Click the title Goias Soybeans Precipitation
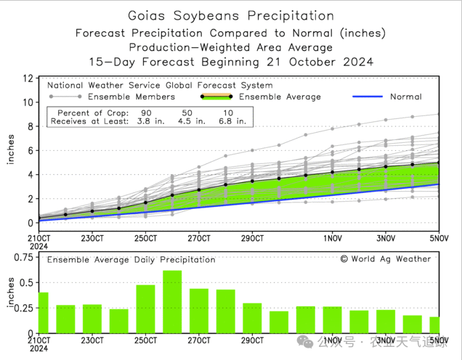231,15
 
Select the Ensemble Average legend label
280,97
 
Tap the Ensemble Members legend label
129,97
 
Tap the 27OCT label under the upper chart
198,237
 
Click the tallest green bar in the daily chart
172,301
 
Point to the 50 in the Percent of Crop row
187,113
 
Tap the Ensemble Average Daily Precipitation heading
131,259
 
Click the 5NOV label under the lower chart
438,340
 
